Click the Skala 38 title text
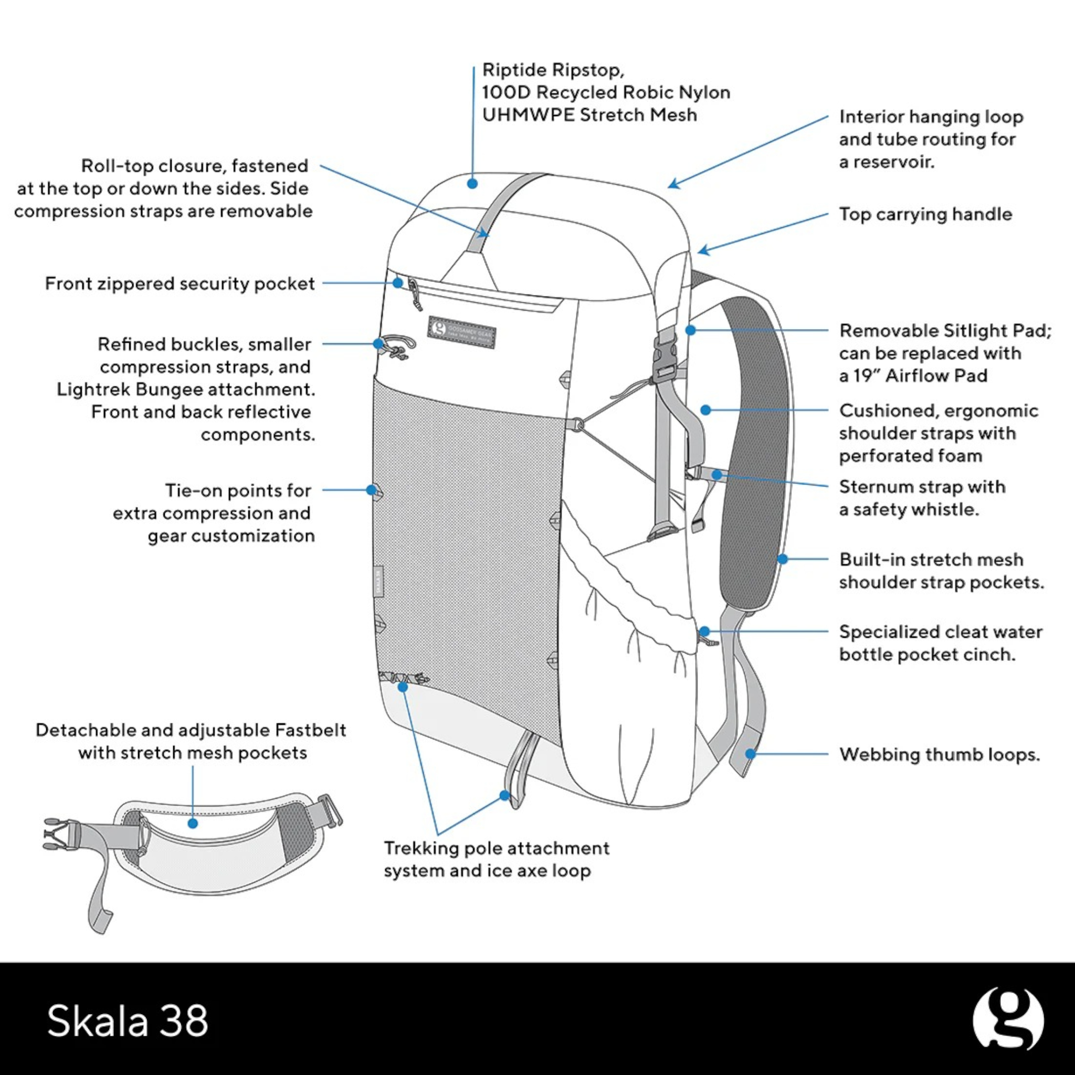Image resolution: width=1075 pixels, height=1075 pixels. pyautogui.click(x=128, y=1021)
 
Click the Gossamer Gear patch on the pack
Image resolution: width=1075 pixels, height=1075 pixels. pyautogui.click(x=461, y=332)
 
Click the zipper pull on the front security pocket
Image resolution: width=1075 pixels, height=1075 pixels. pyautogui.click(x=414, y=295)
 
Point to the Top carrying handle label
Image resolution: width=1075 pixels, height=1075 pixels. pyautogui.click(x=925, y=214)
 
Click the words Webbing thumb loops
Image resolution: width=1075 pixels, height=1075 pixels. pyautogui.click(x=939, y=754)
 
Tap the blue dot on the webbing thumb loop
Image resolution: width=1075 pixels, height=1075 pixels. pyautogui.click(x=750, y=754)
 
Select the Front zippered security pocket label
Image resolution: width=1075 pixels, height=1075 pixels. pyautogui.click(x=179, y=283)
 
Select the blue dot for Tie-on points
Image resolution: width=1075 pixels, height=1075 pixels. pyautogui.click(x=372, y=490)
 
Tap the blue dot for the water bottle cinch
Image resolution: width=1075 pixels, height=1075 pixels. pyautogui.click(x=704, y=631)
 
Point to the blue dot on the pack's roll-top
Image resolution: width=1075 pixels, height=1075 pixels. pyautogui.click(x=472, y=184)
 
